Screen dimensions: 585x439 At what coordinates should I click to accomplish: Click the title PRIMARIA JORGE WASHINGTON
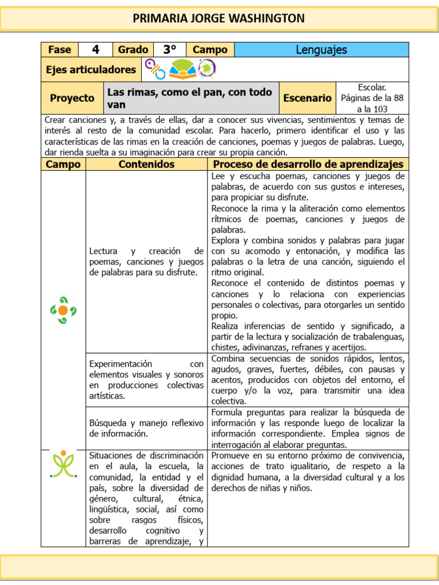click(219, 18)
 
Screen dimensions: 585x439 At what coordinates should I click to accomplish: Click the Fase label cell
click(59, 50)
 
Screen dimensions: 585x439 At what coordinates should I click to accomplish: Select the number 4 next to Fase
click(95, 50)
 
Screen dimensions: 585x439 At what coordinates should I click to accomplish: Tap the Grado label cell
click(133, 50)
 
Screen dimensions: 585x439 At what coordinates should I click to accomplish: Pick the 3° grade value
click(169, 50)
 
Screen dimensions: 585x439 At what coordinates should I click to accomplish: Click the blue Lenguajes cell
click(321, 50)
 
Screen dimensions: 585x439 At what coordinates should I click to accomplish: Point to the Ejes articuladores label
click(91, 70)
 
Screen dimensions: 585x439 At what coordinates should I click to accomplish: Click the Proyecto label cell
click(72, 98)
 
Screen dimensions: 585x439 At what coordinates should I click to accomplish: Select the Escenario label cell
click(308, 98)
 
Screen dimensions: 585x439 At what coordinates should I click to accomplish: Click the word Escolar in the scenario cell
click(372, 87)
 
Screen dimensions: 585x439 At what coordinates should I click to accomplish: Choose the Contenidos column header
click(146, 165)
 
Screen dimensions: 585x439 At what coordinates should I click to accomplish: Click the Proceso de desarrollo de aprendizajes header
click(308, 165)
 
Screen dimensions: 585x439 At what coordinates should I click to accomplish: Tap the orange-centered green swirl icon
click(63, 310)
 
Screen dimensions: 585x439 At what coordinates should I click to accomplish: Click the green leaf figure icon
click(63, 464)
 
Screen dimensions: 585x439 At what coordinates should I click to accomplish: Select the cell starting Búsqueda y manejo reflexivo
click(146, 428)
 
